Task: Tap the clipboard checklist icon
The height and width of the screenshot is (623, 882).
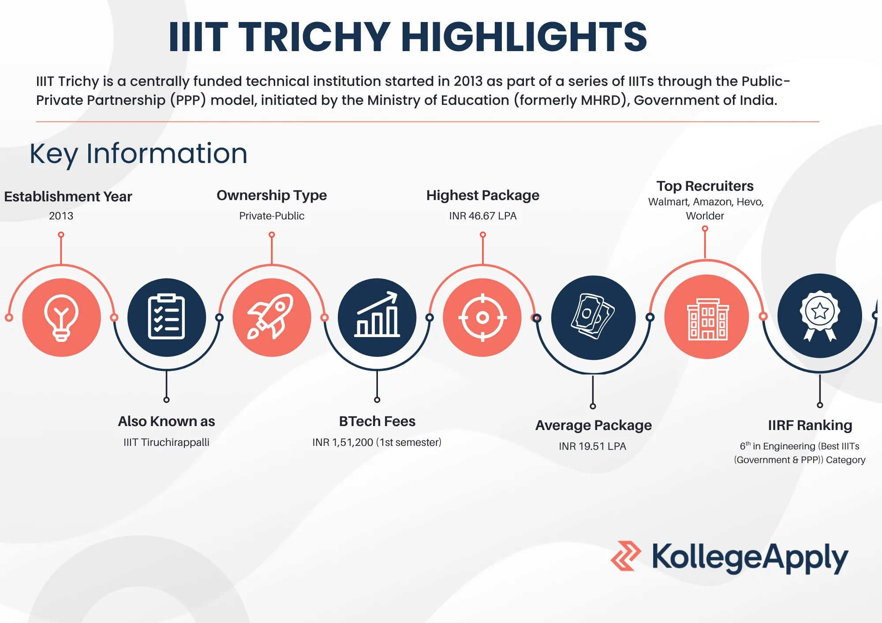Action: pyautogui.click(x=166, y=317)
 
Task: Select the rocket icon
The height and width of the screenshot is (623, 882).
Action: pyautogui.click(x=271, y=317)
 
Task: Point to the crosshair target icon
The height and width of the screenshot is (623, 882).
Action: pyautogui.click(x=482, y=317)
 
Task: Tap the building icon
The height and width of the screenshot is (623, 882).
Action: pyautogui.click(x=706, y=318)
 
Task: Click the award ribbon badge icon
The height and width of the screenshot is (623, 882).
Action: pyautogui.click(x=820, y=316)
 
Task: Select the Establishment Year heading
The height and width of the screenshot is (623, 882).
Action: pyautogui.click(x=68, y=197)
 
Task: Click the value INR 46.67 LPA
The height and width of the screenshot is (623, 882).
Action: pyautogui.click(x=482, y=216)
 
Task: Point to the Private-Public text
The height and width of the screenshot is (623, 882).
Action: pyautogui.click(x=272, y=216)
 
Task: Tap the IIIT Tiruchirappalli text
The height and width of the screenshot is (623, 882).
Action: pyautogui.click(x=166, y=442)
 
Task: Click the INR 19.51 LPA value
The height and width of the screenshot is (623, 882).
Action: pyautogui.click(x=592, y=446)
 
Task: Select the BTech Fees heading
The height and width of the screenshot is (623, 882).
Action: pyautogui.click(x=377, y=422)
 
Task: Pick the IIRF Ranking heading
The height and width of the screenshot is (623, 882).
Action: pyautogui.click(x=810, y=426)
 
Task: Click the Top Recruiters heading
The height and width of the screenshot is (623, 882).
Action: pyautogui.click(x=705, y=186)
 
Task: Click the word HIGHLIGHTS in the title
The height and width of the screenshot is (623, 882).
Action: pyautogui.click(x=523, y=37)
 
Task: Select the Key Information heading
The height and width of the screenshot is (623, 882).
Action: pyautogui.click(x=138, y=154)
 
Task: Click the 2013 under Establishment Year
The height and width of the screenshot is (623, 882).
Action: pyautogui.click(x=61, y=216)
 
